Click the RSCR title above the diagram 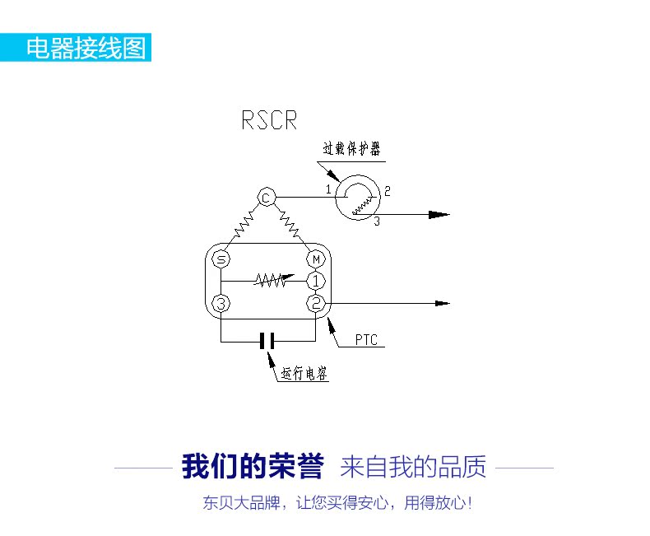coord(269,120)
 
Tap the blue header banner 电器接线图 coord(76,47)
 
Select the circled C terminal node coord(267,198)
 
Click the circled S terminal coord(221,259)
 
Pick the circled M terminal coord(316,259)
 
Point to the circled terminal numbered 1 coord(316,282)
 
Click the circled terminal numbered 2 coord(316,303)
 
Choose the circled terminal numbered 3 coord(221,304)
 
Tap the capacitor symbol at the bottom coord(267,341)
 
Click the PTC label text coord(366,340)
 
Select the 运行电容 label coord(304,373)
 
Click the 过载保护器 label coord(351,148)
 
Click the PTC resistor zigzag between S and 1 coord(274,281)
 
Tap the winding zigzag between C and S coord(244,225)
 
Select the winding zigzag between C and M coord(289,224)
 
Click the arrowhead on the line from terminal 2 coord(443,303)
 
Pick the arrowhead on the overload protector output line coord(439,215)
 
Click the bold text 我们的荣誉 coord(253,467)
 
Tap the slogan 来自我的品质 coord(413,467)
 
